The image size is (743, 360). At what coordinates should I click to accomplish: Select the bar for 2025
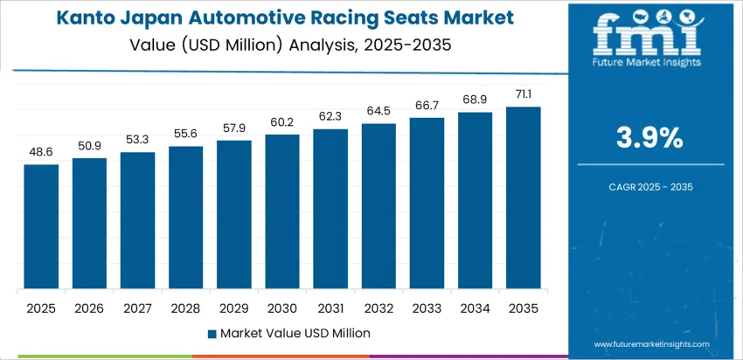[41, 226]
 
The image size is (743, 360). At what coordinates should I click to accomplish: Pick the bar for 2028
[186, 218]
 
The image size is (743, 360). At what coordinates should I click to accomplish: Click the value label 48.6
[41, 152]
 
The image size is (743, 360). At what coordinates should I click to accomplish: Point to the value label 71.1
[524, 94]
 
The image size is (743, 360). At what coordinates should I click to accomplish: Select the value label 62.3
[330, 116]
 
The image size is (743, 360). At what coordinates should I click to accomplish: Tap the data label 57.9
[234, 128]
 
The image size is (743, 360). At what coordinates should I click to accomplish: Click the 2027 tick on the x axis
[137, 308]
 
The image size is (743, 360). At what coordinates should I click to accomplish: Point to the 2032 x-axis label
[378, 308]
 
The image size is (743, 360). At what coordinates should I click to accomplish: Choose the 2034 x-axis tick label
[476, 308]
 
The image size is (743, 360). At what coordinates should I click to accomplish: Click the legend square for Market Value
[212, 333]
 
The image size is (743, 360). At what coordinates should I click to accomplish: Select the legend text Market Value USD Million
[295, 333]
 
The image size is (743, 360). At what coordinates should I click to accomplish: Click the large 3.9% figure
[650, 137]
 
